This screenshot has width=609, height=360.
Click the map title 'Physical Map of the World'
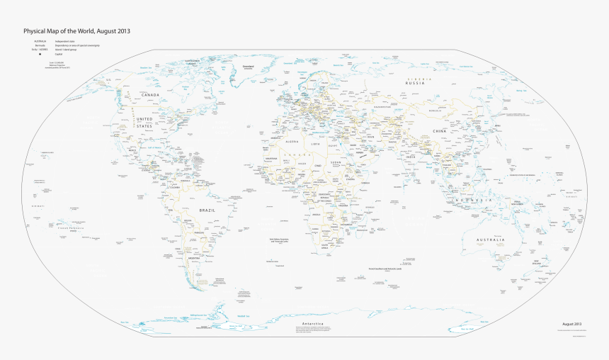[76, 31]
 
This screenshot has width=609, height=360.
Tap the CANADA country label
[149, 94]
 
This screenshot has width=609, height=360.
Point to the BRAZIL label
[207, 210]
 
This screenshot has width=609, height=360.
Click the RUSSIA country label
[414, 84]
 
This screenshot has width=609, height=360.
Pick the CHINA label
[440, 131]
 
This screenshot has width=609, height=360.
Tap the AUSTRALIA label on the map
[489, 240]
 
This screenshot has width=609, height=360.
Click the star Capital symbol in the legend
[40, 55]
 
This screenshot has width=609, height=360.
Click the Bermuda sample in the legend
[40, 45]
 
